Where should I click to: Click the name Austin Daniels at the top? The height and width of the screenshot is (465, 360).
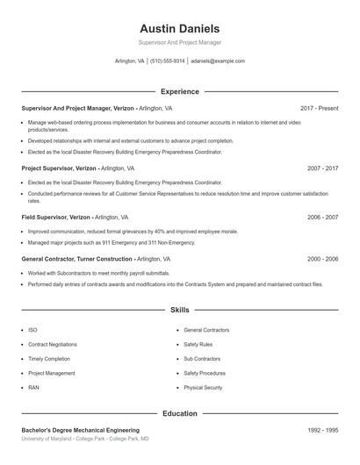tap(179, 28)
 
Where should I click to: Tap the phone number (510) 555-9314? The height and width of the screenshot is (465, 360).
tap(168, 61)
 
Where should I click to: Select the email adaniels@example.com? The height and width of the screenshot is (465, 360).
tap(217, 61)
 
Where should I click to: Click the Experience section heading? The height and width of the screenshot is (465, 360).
tap(179, 91)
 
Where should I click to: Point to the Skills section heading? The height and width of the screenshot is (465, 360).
tap(179, 310)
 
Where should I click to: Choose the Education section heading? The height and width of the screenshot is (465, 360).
tap(179, 413)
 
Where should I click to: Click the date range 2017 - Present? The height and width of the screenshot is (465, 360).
tap(319, 108)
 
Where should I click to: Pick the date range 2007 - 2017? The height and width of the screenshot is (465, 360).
tap(322, 168)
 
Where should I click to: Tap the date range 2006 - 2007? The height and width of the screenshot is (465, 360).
tap(322, 217)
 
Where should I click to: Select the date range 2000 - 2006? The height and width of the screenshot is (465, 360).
tap(322, 260)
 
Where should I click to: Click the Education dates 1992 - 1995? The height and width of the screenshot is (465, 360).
tap(322, 430)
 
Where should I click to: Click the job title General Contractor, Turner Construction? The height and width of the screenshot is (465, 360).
tap(77, 260)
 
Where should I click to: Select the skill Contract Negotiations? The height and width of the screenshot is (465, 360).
tap(53, 345)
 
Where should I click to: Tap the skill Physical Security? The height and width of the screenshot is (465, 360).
tap(203, 387)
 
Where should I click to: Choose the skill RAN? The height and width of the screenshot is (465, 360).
tap(33, 387)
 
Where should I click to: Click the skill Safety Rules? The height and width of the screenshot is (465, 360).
tap(198, 345)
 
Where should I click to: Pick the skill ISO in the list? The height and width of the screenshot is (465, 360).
tap(32, 330)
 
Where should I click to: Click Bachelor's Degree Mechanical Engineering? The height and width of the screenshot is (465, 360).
tap(80, 430)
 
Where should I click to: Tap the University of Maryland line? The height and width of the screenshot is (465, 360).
tap(84, 438)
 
